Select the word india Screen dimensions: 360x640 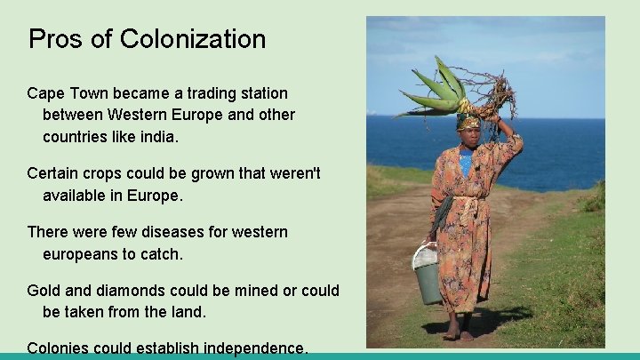click(157, 137)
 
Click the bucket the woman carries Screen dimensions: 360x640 click(428, 277)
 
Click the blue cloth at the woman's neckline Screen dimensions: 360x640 click(466, 163)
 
